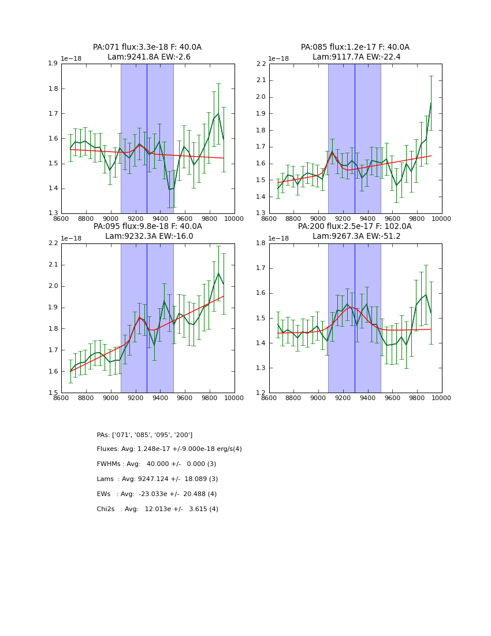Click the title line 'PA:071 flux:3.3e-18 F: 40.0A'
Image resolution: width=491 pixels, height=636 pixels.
147,47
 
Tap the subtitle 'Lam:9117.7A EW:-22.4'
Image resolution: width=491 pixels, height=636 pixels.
356,57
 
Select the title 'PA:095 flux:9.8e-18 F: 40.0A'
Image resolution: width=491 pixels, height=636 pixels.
147,227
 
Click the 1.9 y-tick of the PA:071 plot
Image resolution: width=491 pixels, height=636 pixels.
53,64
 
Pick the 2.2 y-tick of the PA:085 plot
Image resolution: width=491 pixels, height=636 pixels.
261,64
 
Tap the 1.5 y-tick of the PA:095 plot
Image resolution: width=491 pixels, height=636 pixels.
53,393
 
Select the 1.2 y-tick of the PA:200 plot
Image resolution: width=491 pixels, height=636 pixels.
261,393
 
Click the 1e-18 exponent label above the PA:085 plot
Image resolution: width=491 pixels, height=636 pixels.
279,59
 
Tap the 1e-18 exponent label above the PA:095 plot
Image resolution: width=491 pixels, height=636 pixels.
71,238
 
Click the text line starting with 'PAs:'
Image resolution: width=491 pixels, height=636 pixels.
144,435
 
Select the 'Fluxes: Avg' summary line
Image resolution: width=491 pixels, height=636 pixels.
169,449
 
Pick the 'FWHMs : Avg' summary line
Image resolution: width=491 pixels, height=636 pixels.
156,464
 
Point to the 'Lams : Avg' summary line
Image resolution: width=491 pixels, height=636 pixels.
157,479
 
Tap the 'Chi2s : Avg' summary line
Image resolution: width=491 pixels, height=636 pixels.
157,509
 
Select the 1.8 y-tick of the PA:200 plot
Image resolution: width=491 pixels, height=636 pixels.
261,243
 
